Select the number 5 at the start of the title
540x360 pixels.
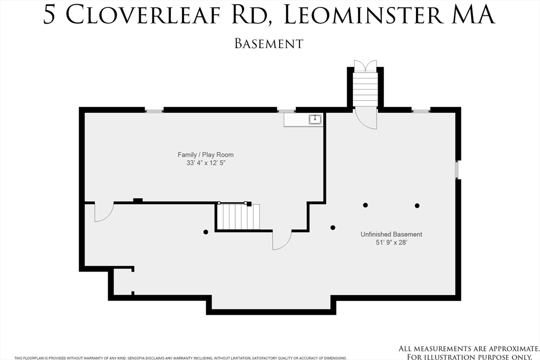click(49, 15)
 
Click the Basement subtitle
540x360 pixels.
click(269, 43)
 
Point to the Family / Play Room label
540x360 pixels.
click(206, 154)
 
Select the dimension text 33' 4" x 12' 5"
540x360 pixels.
click(206, 163)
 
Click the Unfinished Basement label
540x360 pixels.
click(391, 234)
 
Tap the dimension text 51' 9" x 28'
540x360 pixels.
click(391, 242)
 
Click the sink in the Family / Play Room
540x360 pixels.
click(315, 119)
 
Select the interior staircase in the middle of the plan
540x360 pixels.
click(239, 217)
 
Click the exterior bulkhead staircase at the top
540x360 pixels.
click(365, 89)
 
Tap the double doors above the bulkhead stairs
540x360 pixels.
click(365, 66)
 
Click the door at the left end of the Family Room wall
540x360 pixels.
click(103, 212)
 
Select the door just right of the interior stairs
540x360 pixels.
click(281, 240)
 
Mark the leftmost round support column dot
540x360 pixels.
click(206, 232)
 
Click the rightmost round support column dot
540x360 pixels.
click(417, 206)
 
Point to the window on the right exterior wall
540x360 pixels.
click(457, 170)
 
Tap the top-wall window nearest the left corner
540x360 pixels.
click(154, 111)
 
